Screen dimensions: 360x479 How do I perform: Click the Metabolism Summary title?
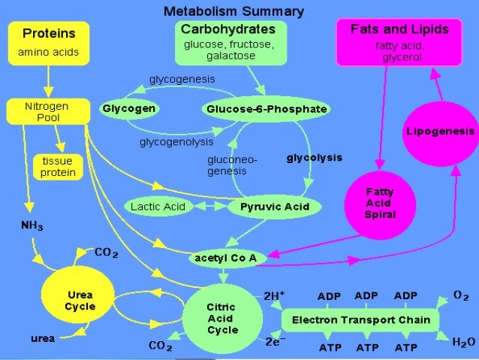click(234, 11)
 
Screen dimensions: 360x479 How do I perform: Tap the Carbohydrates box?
click(229, 42)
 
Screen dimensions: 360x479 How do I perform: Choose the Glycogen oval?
click(131, 109)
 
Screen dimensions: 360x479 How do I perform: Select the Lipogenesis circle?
click(439, 132)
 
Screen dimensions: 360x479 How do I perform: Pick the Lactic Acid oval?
click(158, 205)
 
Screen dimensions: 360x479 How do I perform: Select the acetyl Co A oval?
click(225, 258)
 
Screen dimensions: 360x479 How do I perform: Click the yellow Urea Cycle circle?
click(79, 301)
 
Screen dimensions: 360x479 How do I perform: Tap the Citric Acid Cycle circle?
click(222, 319)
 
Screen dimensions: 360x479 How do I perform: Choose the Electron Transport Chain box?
click(360, 320)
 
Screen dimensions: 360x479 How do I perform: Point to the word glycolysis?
click(314, 158)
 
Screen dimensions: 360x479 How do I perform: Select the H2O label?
click(463, 342)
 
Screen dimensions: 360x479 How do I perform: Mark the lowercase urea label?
click(41, 339)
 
